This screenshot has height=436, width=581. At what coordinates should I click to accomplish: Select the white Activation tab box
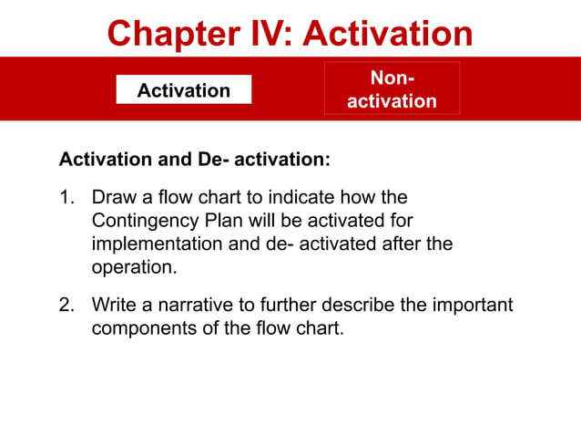(183, 90)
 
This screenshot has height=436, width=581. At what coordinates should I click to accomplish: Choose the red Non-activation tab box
(392, 88)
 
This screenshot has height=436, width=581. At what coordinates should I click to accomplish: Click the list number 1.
(66, 197)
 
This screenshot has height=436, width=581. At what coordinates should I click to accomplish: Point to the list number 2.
(66, 304)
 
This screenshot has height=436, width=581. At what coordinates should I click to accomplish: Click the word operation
(133, 268)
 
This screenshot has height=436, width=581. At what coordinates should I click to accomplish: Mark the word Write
(114, 304)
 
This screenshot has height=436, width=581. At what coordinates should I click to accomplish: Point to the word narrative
(194, 304)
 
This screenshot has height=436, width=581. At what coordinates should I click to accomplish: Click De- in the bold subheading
(213, 160)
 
